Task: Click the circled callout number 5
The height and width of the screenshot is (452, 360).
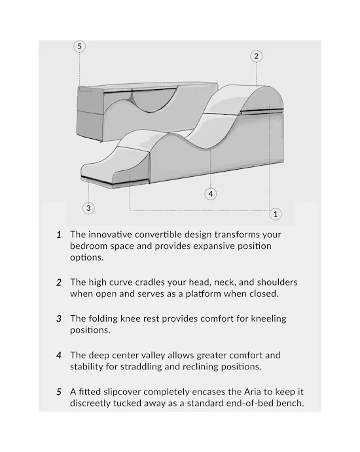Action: [79, 47]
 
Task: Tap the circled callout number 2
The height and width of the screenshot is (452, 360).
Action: [257, 56]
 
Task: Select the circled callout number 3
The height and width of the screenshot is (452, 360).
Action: [88, 208]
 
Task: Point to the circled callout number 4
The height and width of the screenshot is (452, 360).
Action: [211, 194]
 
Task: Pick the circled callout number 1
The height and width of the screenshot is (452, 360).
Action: [276, 214]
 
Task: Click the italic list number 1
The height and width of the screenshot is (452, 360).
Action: [59, 235]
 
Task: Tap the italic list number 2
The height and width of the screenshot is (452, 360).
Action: [59, 282]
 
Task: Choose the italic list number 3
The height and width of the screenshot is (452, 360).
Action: [59, 319]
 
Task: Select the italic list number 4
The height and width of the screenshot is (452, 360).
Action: [59, 356]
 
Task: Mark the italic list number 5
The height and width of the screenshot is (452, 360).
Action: [59, 392]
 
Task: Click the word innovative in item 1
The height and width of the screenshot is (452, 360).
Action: [111, 235]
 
